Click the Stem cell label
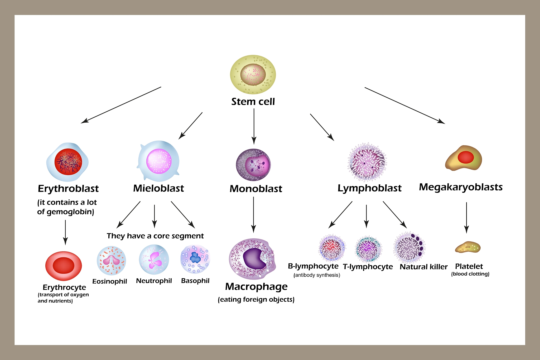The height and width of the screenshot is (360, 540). (253, 102)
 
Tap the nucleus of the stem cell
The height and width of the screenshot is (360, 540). (253, 74)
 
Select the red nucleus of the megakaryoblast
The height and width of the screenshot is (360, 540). (466, 157)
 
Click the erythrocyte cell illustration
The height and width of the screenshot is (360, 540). (64, 266)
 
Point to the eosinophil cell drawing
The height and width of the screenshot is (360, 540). (111, 261)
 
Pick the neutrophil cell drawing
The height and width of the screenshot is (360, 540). (154, 260)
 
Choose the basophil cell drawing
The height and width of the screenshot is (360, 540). (195, 259)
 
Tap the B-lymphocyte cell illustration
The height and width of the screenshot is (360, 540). (331, 248)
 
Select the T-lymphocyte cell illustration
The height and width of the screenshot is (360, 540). (368, 249)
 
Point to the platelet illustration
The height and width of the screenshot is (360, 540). (468, 247)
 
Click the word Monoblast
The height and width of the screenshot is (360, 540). (256, 189)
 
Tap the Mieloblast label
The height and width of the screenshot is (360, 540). (158, 188)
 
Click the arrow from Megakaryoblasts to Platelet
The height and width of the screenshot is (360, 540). (466, 217)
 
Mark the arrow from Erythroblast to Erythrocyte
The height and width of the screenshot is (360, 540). (65, 232)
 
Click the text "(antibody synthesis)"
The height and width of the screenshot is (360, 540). (317, 275)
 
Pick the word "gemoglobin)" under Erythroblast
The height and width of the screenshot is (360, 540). (70, 212)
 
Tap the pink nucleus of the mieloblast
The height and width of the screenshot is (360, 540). (159, 161)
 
